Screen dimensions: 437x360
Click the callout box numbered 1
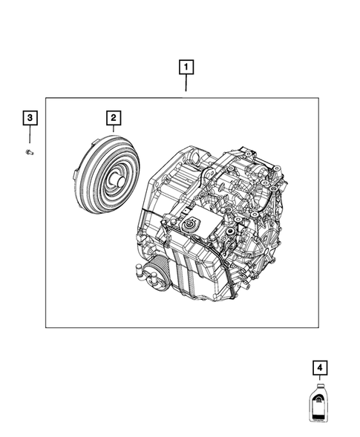[x=185, y=68]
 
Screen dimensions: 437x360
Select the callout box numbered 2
[x=113, y=117]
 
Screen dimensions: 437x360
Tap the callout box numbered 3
[x=29, y=117]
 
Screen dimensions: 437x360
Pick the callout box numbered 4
[x=318, y=368]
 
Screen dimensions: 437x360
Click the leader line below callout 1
[x=185, y=86]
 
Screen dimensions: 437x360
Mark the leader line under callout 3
[x=29, y=134]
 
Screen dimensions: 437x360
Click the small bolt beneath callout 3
[x=30, y=151]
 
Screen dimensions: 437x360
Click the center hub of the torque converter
[x=118, y=180]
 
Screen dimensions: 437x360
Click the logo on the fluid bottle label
[x=318, y=404]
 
